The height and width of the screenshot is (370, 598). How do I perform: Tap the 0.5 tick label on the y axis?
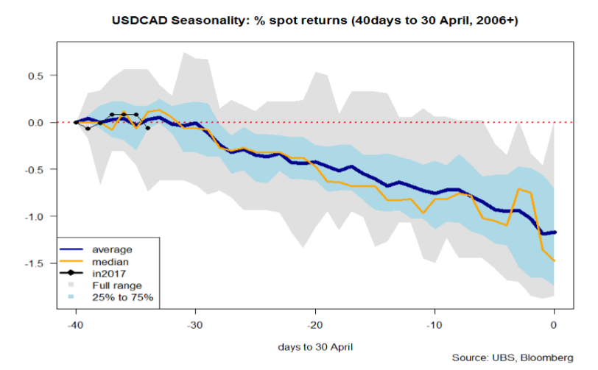click(x=36, y=75)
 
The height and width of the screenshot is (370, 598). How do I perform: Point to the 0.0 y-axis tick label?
click(x=36, y=122)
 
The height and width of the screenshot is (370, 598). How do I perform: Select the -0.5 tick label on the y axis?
click(x=35, y=169)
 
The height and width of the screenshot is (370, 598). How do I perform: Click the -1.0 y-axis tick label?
click(x=35, y=216)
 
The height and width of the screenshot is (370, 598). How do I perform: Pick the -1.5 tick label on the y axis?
click(x=35, y=263)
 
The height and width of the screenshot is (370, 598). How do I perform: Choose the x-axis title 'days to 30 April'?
click(x=314, y=346)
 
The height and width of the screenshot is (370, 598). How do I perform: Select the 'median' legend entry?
click(x=109, y=260)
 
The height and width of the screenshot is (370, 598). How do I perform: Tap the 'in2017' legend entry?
click(x=109, y=272)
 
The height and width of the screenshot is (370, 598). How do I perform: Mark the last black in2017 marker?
click(x=148, y=128)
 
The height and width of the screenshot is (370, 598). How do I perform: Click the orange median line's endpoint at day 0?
click(x=554, y=261)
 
